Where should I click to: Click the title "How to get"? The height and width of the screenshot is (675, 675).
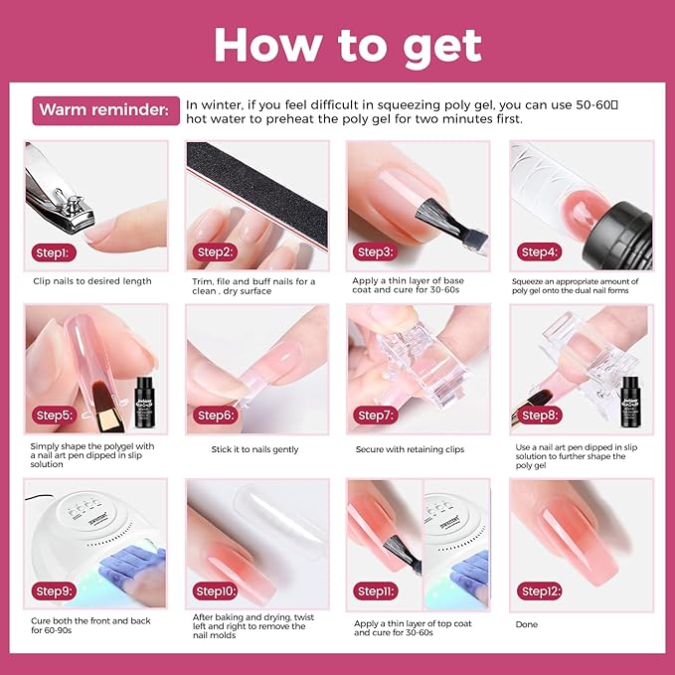pyautogui.click(x=347, y=45)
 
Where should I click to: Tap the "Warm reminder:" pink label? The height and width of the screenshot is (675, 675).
pyautogui.click(x=106, y=109)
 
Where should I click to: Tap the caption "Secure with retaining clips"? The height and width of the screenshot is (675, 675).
pyautogui.click(x=410, y=449)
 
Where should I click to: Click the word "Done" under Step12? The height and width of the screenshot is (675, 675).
pyautogui.click(x=527, y=624)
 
